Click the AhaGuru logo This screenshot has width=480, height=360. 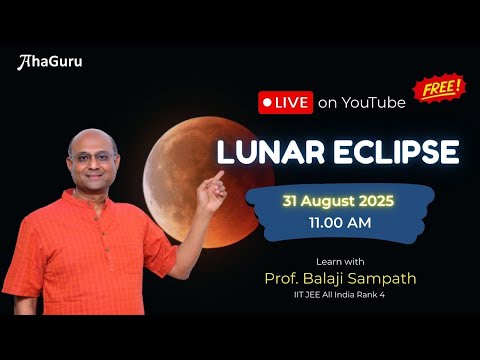(x=50, y=62)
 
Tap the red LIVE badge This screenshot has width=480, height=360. (x=285, y=102)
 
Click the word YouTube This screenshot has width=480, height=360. (x=373, y=102)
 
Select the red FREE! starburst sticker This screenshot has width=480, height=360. (x=440, y=88)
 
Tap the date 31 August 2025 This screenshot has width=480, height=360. (x=335, y=201)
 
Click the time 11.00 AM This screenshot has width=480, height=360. (x=335, y=223)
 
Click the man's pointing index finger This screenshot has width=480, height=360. (x=218, y=176)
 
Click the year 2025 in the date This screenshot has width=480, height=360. (x=373, y=201)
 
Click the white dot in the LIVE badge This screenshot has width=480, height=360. (x=267, y=102)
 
